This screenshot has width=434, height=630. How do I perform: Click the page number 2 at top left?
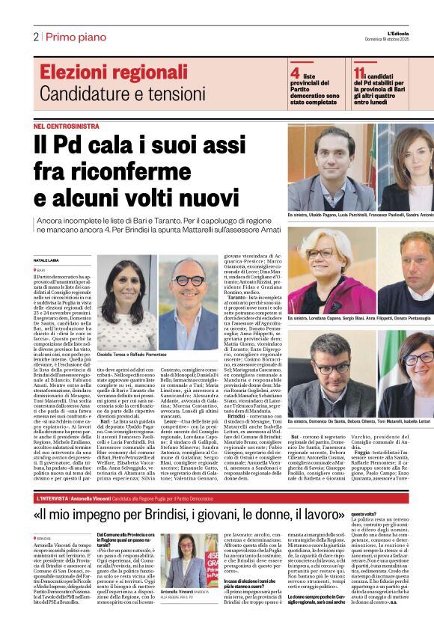click(35, 37)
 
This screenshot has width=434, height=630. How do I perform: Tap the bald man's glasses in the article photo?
click(189, 281)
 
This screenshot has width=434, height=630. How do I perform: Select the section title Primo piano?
click(71, 37)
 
